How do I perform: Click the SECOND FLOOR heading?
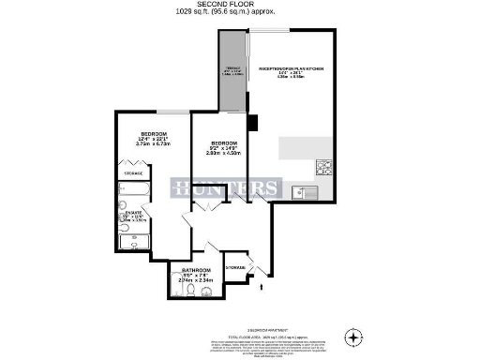(x=239, y=5)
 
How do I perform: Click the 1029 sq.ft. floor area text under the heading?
(x=239, y=13)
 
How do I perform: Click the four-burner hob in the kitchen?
(x=325, y=169)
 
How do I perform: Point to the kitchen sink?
(x=305, y=193)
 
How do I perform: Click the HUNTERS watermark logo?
(x=225, y=187)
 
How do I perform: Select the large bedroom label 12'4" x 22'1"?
(x=152, y=138)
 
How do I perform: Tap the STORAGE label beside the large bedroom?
(x=133, y=172)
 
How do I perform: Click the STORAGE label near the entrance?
(x=235, y=268)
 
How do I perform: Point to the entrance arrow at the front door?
(x=260, y=288)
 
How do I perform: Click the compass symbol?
(x=352, y=336)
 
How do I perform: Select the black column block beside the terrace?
(x=251, y=123)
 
